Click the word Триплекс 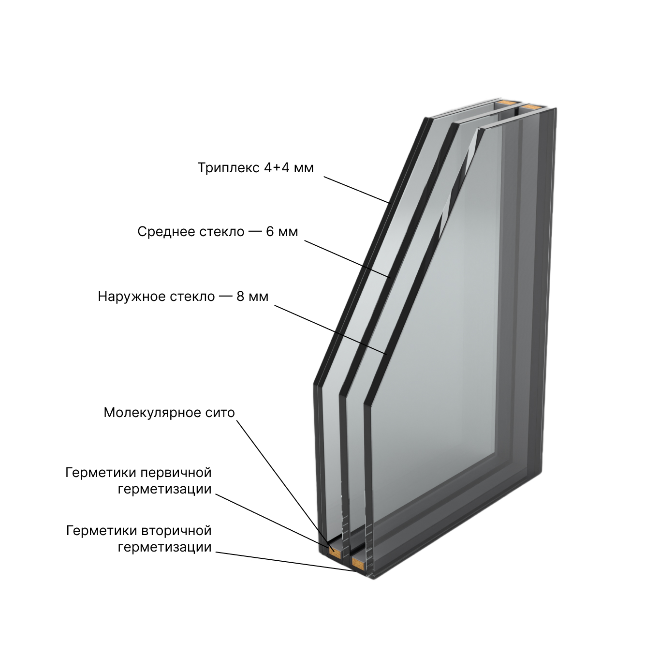(229, 168)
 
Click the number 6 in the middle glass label (270, 232)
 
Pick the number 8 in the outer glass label (241, 297)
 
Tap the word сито (220, 413)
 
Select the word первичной (176, 474)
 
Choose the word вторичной (176, 532)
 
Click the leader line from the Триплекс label (357, 190)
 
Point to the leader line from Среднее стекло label (347, 259)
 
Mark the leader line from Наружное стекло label (330, 329)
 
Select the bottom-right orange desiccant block (359, 565)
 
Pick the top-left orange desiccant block (506, 102)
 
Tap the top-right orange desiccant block (531, 107)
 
